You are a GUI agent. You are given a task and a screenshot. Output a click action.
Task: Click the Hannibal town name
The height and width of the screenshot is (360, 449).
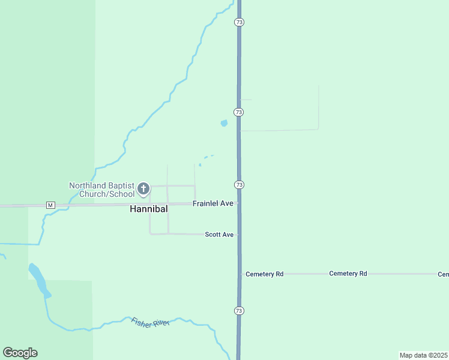tap(148, 209)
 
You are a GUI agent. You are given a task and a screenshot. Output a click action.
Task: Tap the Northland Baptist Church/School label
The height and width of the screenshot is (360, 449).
tap(101, 190)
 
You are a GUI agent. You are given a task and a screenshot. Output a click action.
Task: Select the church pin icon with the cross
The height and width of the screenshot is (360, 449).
tap(143, 189)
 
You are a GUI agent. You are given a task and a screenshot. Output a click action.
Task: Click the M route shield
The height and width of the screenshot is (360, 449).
tap(50, 205)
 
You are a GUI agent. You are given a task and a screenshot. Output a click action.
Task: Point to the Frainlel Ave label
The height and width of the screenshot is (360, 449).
tap(212, 204)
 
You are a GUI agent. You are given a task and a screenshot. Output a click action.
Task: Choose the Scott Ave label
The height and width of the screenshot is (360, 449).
tap(219, 235)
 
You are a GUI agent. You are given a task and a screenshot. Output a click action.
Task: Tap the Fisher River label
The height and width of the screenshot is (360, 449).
tap(150, 322)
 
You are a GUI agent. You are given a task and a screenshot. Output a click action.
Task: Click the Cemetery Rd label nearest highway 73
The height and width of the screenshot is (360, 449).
tap(264, 274)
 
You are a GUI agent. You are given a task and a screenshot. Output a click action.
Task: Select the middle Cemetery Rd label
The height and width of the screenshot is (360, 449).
tap(348, 274)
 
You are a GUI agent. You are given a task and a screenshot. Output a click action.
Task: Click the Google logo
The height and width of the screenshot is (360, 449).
tap(20, 353)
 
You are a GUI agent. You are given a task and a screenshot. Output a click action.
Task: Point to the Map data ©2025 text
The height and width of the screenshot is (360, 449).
tap(423, 355)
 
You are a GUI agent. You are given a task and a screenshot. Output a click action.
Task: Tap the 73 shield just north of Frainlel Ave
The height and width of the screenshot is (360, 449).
tap(239, 184)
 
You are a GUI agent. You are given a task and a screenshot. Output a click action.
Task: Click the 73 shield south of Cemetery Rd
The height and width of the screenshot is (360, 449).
tap(239, 311)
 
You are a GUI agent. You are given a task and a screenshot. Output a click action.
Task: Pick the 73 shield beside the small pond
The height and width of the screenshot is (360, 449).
tap(239, 112)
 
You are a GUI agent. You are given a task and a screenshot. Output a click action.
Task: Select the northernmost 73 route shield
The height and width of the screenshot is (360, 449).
tap(239, 22)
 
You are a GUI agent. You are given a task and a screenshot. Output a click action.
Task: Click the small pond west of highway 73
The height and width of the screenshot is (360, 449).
tap(224, 123)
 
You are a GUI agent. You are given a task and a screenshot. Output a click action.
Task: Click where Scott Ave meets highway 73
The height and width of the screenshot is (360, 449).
tap(239, 235)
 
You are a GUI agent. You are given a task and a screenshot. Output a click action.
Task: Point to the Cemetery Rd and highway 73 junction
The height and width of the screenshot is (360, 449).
tap(240, 274)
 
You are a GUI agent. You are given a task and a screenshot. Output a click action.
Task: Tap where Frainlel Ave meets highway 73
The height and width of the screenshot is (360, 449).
tap(239, 203)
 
